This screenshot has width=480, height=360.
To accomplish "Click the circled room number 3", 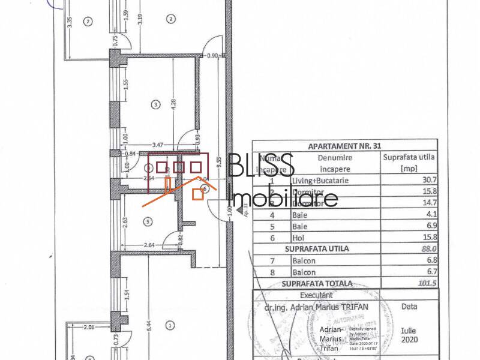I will tap(155, 105).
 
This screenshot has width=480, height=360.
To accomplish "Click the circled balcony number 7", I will tap(89, 22).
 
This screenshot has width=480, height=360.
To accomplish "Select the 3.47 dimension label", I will tap(158, 145).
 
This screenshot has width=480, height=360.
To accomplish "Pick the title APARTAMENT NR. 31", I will tap(344, 145).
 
